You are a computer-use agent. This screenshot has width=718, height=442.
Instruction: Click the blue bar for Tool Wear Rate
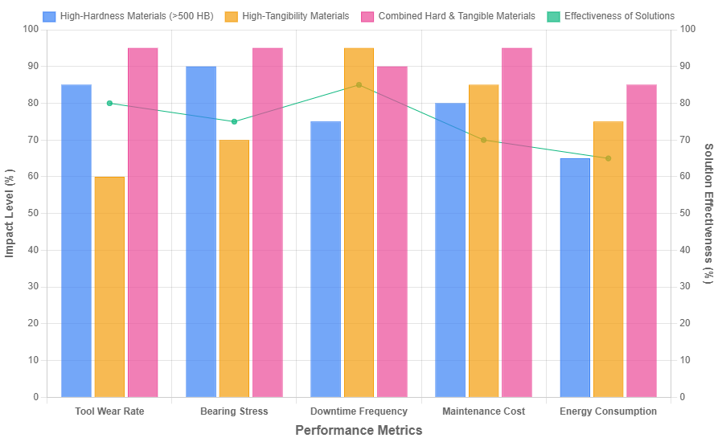(x=76, y=240)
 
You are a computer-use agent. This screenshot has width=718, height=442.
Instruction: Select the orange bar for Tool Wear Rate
(x=109, y=286)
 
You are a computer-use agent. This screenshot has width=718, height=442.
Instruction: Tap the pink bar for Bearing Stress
(x=268, y=222)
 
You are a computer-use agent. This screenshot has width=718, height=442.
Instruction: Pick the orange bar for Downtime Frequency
(x=359, y=222)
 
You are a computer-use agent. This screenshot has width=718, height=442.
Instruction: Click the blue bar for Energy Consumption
(x=575, y=277)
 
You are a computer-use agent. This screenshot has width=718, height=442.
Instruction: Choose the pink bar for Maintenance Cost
(x=517, y=222)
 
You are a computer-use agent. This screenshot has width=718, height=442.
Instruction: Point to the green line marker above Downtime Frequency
(x=359, y=84)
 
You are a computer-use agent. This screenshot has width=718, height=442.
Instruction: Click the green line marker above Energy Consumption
(x=608, y=158)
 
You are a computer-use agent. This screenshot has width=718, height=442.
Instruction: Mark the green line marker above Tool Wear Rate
(x=109, y=103)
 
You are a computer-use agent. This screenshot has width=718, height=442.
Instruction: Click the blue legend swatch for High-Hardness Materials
(x=50, y=16)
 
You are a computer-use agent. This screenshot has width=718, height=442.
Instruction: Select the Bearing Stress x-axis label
(x=234, y=411)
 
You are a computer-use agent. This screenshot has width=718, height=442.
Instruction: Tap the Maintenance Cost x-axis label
(x=483, y=411)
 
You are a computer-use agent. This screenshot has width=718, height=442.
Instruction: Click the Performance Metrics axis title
(x=359, y=431)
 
